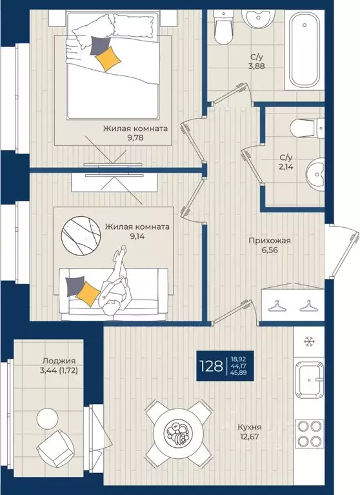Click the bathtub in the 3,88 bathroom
[x=304, y=50]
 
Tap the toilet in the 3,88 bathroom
[x=223, y=27]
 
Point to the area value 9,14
[x=137, y=236]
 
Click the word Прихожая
[x=269, y=241]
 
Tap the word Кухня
[x=249, y=427]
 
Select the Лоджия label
[x=59, y=361]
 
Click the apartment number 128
[x=211, y=366]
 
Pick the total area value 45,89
[x=239, y=373]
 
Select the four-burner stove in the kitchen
[x=310, y=434]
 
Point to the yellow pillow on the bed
[x=108, y=58]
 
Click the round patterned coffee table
[x=81, y=236]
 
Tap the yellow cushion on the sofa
[x=88, y=294]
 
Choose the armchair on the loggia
[x=55, y=449]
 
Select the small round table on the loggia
[x=47, y=419]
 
